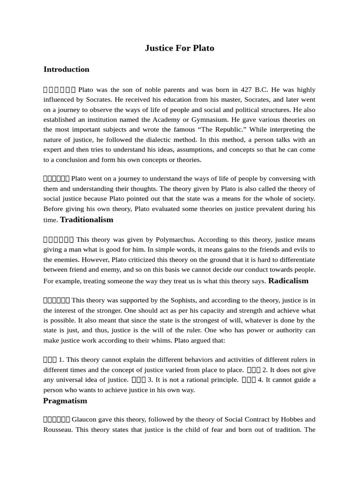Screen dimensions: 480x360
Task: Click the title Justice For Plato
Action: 180,48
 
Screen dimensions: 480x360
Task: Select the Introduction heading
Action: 66,69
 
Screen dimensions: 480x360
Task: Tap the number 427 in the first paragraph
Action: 247,90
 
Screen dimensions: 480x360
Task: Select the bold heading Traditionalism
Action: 87,220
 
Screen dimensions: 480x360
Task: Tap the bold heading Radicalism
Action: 288,281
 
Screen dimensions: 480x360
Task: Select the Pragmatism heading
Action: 65,401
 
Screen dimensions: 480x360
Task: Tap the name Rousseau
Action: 58,429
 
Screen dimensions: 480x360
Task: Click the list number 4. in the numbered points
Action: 261,380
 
